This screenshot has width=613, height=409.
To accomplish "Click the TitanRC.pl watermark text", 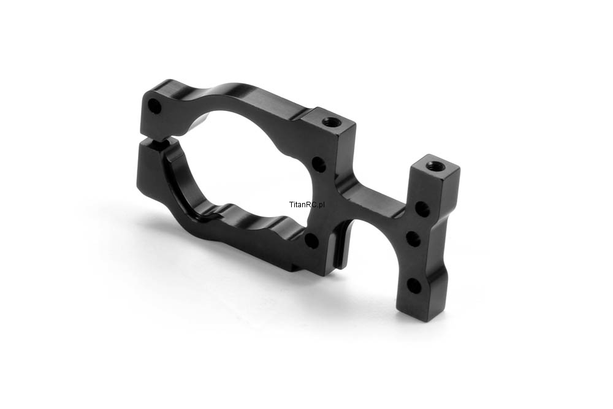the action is point(307,204).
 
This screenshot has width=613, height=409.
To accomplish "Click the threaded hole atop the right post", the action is point(432,166).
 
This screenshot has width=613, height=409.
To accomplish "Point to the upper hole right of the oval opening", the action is point(320,164).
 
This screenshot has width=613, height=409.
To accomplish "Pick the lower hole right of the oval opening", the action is point(312,240).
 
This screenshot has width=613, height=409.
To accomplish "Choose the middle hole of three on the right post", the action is point(414,238).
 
